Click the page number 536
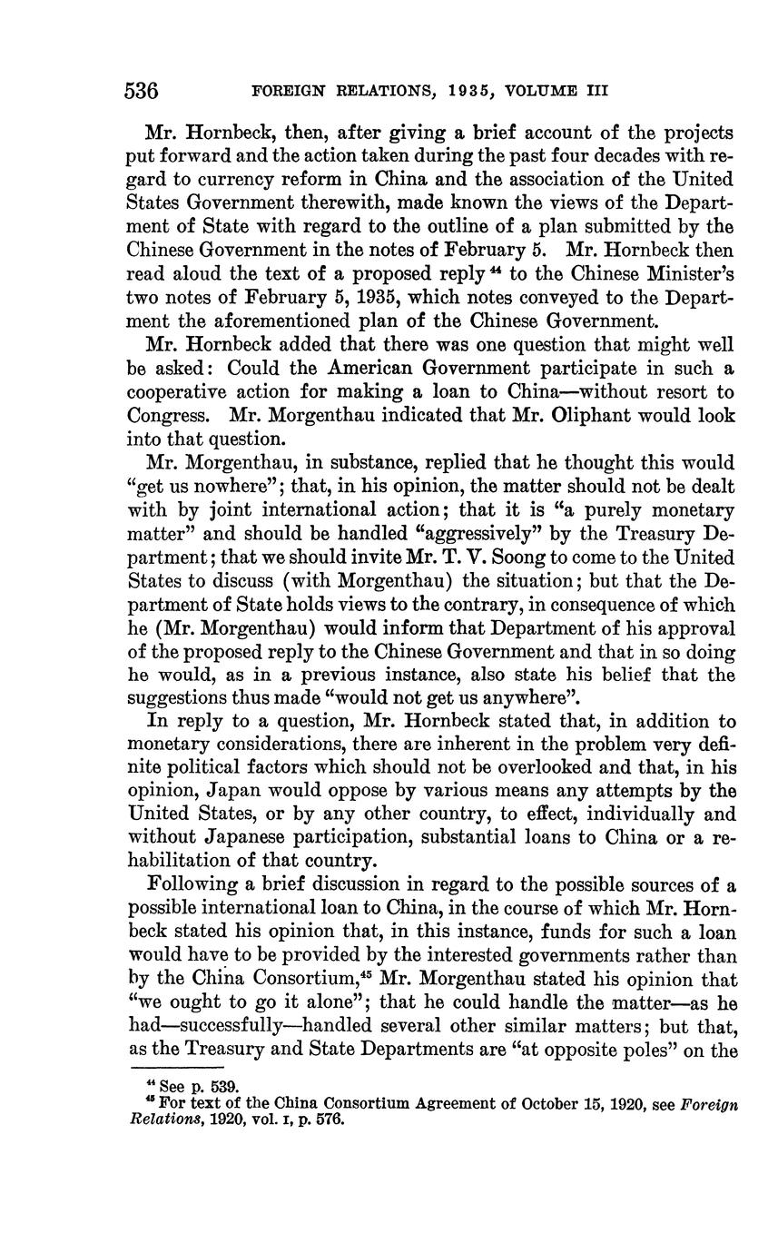coord(143,91)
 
